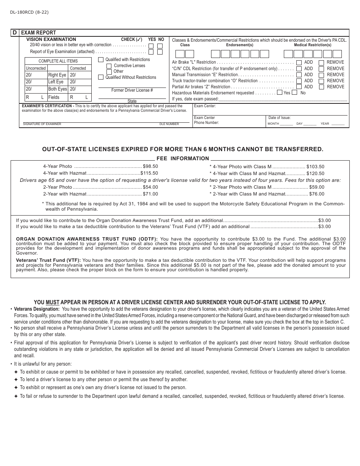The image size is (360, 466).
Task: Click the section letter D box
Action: pyautogui.click(x=15, y=33)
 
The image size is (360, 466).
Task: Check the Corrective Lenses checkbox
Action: pyautogui.click(x=109, y=66)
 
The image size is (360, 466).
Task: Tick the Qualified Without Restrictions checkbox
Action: pyautogui.click(x=101, y=77)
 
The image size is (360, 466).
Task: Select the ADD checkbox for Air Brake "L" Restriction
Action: pyautogui.click(x=299, y=63)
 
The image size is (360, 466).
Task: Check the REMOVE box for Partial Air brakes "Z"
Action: pyautogui.click(x=321, y=87)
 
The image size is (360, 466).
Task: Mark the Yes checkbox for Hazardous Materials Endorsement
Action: pyautogui.click(x=280, y=92)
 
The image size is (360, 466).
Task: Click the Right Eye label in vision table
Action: pyautogui.click(x=57, y=75)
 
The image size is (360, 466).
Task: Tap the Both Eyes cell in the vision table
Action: pyautogui.click(x=57, y=89)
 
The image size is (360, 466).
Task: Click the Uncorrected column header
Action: pyautogui.click(x=36, y=68)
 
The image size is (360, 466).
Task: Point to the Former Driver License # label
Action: pyautogui.click(x=132, y=90)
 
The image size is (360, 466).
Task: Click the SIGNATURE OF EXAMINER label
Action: pyautogui.click(x=42, y=124)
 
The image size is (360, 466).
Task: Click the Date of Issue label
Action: pyautogui.click(x=279, y=118)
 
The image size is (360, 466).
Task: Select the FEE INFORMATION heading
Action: pyautogui.click(x=183, y=158)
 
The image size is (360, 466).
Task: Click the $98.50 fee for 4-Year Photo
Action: pyautogui.click(x=150, y=166)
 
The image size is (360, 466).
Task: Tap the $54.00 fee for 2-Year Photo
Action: pyautogui.click(x=150, y=187)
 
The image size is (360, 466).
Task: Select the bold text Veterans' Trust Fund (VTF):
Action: pyautogui.click(x=48, y=260)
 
